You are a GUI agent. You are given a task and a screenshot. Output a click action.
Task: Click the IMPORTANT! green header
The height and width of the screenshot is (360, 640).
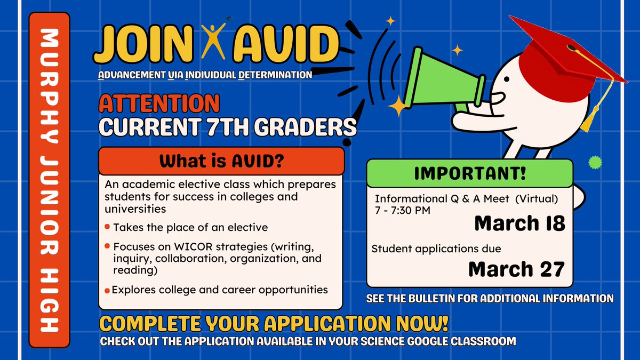[x=469, y=173]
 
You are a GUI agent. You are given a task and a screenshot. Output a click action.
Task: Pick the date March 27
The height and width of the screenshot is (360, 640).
[x=516, y=269]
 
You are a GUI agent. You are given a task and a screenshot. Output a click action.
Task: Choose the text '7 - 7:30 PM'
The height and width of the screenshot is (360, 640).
[x=402, y=210]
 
